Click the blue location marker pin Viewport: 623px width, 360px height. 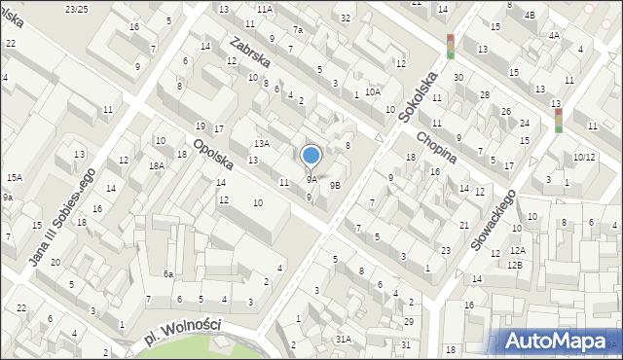[x=311, y=156]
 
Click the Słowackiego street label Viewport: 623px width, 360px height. [x=493, y=220]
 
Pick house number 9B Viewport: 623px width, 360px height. [x=335, y=185]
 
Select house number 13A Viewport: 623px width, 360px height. [x=261, y=143]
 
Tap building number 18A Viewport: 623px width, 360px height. [x=157, y=166]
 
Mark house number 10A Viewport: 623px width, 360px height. [x=373, y=91]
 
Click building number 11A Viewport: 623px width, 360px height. [x=265, y=9]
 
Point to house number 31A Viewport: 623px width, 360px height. [x=343, y=340]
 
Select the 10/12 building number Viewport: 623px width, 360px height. [x=583, y=157]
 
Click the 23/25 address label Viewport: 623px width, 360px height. [x=76, y=9]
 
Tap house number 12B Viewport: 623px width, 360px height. [x=514, y=265]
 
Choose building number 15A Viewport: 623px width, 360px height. [x=15, y=178]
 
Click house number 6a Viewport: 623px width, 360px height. [x=167, y=274]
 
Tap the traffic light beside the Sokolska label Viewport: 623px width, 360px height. [x=450, y=46]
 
